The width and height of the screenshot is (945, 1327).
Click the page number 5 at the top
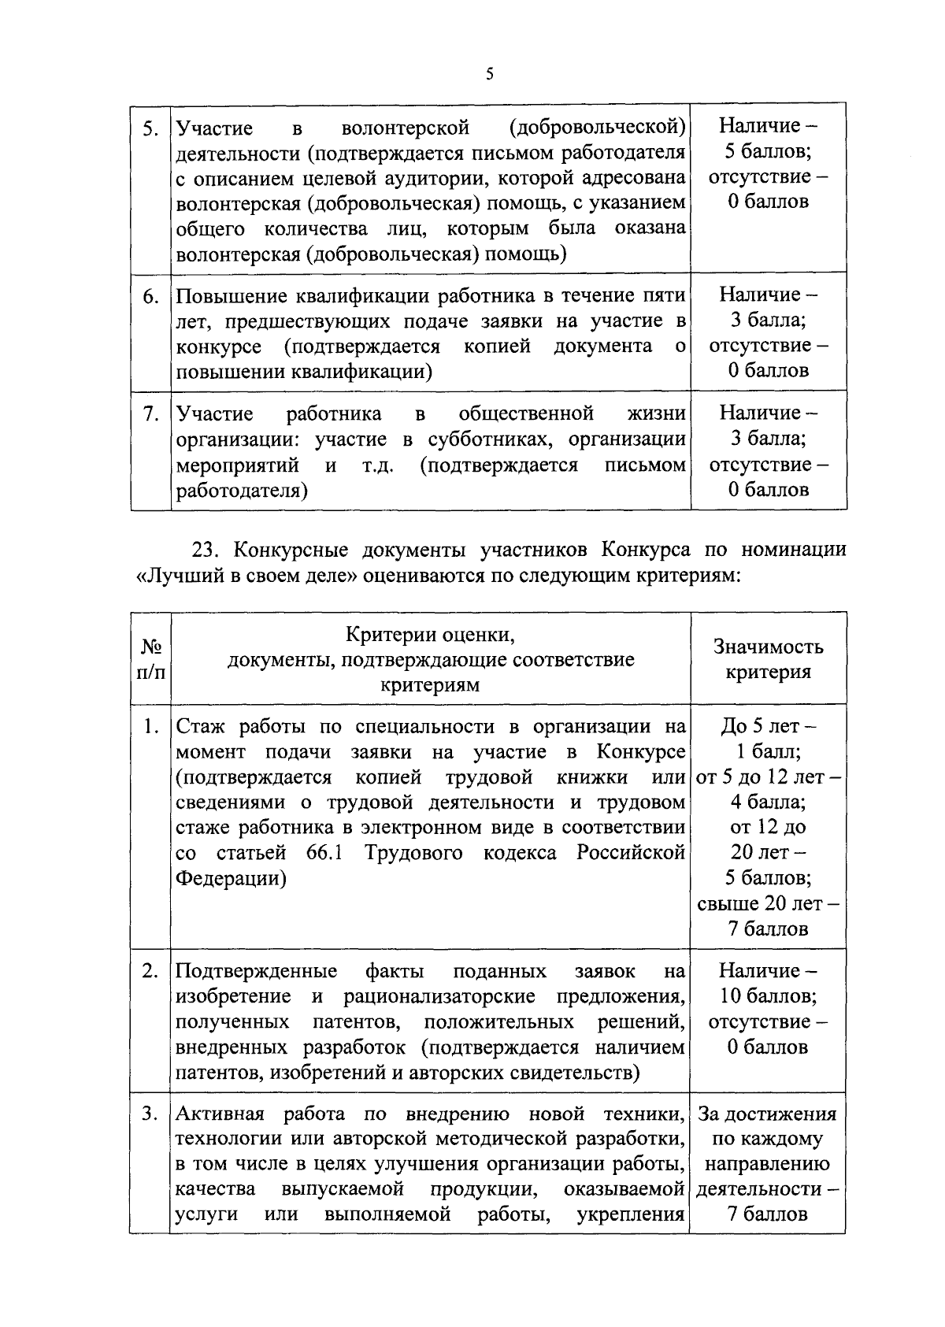click(489, 75)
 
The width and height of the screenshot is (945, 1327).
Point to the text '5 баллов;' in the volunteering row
click(769, 151)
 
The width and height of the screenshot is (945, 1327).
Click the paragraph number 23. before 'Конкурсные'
click(207, 550)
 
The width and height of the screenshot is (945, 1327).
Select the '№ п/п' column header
click(151, 659)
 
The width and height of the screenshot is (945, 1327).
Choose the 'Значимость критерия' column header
click(769, 659)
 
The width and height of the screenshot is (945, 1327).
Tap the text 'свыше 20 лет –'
click(769, 903)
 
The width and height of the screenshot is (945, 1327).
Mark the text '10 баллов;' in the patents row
click(769, 996)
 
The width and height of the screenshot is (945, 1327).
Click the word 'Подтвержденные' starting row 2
click(257, 971)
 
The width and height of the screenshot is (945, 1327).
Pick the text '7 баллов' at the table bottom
click(769, 1214)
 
